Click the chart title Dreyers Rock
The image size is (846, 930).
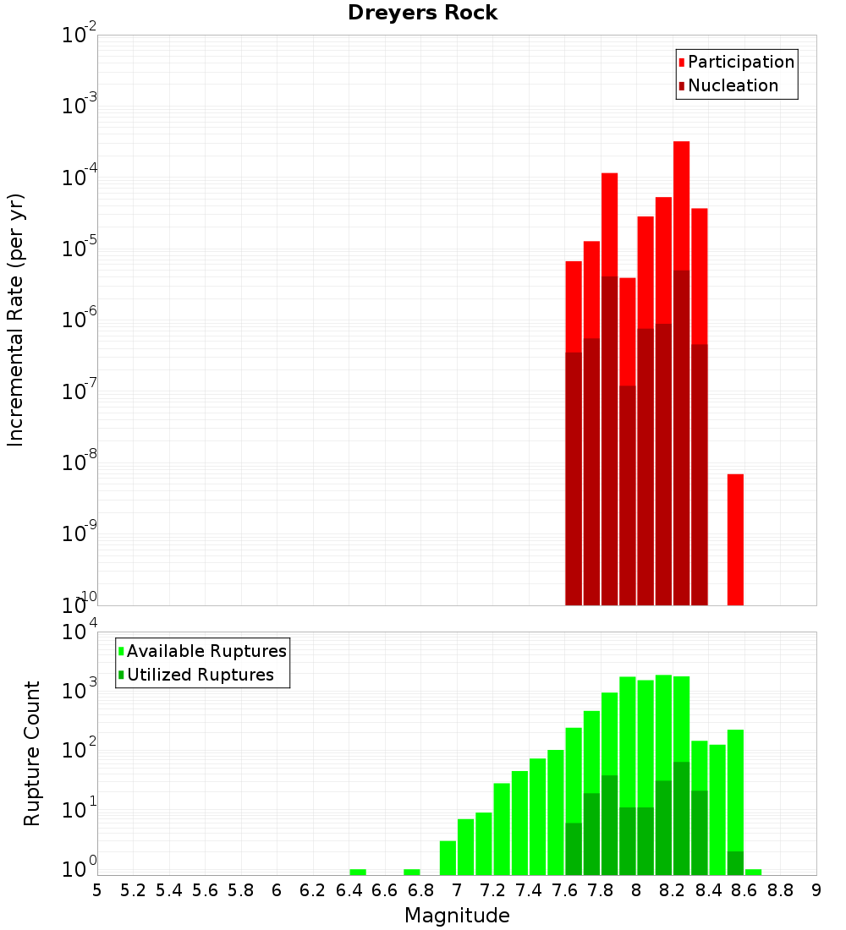422,13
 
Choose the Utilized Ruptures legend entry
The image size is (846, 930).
200,675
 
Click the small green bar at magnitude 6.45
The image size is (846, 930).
358,872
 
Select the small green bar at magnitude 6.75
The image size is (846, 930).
412,872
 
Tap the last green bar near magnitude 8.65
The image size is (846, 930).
753,872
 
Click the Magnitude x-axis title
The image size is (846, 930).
457,916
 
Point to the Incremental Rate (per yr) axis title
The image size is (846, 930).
16,320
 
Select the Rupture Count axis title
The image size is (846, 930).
32,753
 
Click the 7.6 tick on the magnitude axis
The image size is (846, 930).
564,890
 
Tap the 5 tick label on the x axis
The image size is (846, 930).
97,890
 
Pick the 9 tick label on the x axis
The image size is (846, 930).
816,890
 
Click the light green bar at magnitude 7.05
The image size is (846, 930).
465,846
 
